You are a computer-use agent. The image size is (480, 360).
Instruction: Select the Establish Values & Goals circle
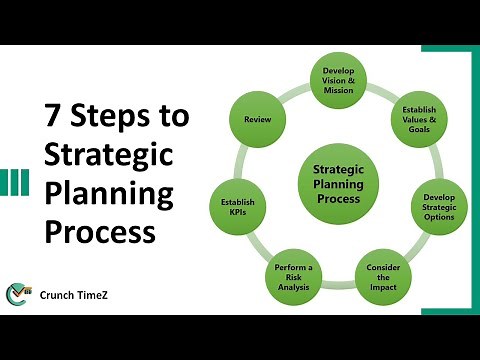(416, 122)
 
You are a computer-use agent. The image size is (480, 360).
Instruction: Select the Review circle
(259, 121)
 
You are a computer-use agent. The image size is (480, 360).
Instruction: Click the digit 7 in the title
(56, 117)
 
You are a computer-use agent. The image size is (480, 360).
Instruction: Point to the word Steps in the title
(108, 117)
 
